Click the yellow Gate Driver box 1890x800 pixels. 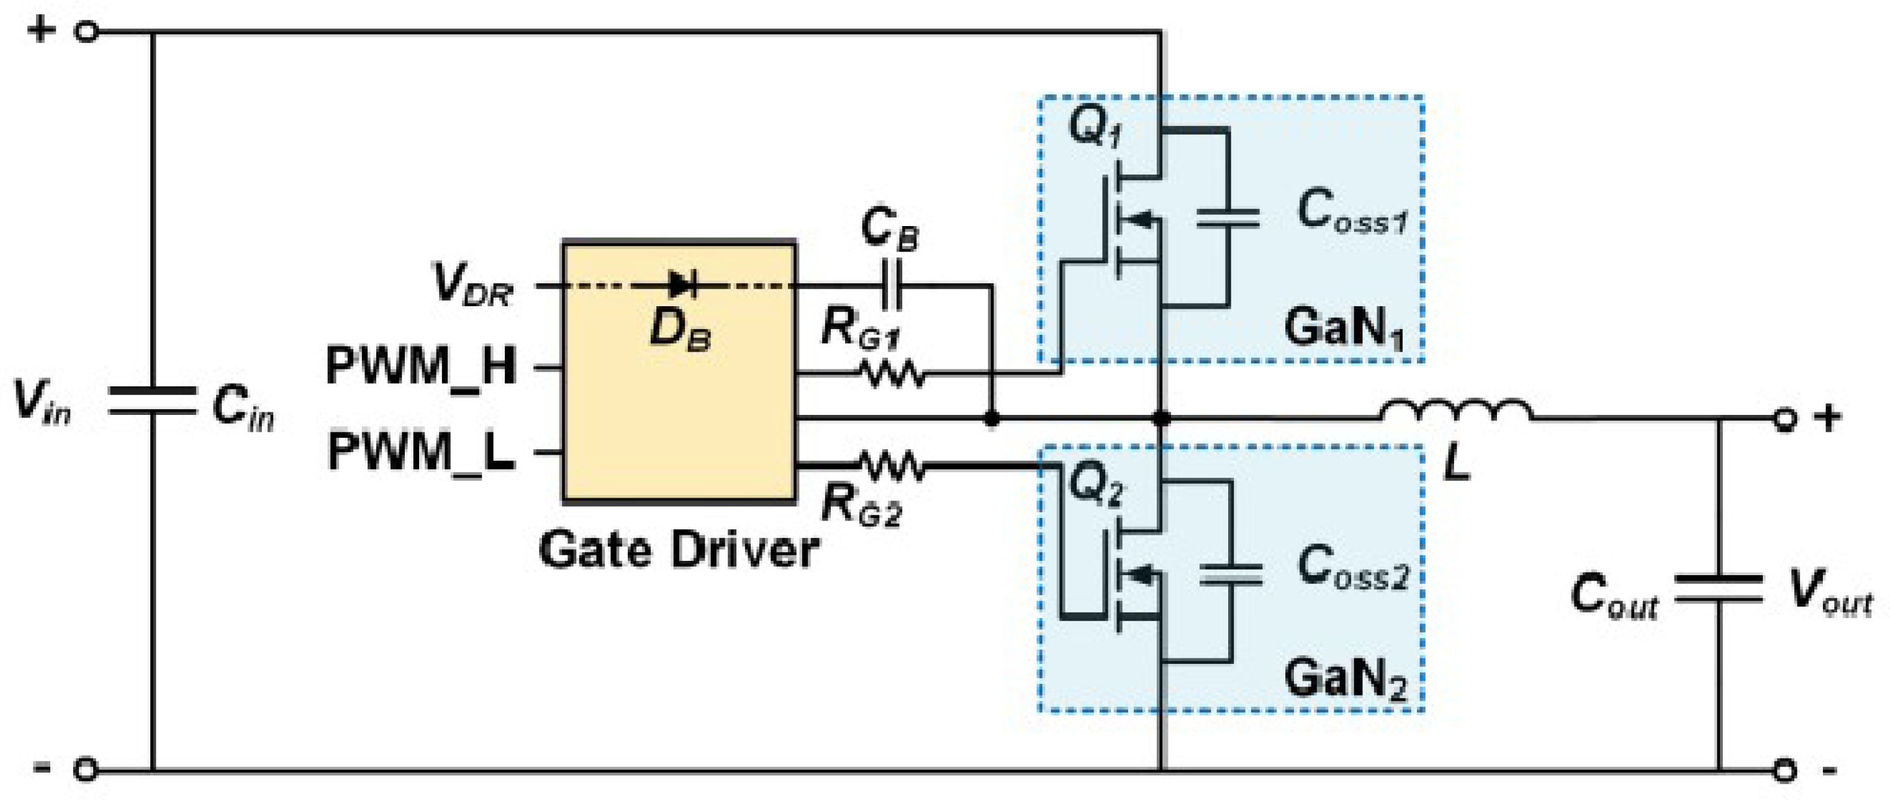[679, 371]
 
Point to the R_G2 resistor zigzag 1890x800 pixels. [892, 465]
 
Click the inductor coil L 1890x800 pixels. [1457, 411]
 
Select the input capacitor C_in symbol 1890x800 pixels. [152, 401]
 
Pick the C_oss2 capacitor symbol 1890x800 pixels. [1231, 574]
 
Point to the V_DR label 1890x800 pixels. [472, 284]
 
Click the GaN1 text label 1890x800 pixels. [1344, 328]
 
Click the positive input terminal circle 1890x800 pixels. [86, 32]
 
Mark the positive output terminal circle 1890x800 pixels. [1784, 419]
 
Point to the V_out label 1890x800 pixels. [1830, 591]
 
